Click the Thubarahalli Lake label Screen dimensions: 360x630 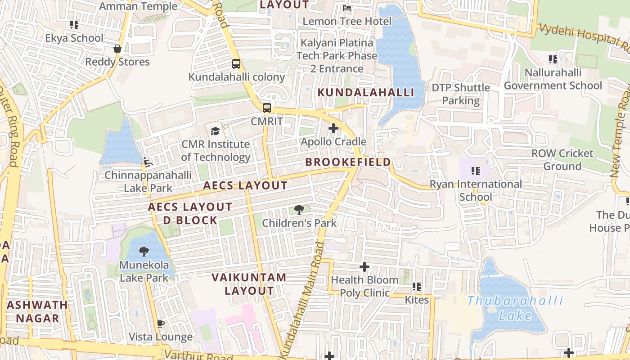point(515,308)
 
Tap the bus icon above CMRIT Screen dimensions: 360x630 point(267,108)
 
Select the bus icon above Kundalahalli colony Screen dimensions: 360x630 point(236,64)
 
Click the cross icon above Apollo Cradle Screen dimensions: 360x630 point(333,129)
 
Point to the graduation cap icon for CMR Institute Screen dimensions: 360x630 point(216,131)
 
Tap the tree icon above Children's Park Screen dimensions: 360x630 point(299,209)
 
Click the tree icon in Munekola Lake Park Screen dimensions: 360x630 point(144,252)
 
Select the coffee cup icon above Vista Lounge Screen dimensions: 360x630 point(161,324)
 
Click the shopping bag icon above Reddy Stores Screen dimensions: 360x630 point(117,49)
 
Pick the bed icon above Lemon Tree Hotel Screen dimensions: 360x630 point(347,8)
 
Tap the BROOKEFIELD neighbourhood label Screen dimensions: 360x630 point(348,162)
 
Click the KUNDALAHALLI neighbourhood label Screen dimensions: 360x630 point(366,93)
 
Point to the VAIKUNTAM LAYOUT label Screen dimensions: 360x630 point(249,284)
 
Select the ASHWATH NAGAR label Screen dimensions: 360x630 point(37,311)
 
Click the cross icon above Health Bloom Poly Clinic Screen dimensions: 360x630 point(364,267)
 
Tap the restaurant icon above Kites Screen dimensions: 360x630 point(417,286)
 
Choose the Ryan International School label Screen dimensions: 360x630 point(476,190)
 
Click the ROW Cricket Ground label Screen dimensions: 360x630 point(562,160)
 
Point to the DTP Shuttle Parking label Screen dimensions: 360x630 point(461,94)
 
